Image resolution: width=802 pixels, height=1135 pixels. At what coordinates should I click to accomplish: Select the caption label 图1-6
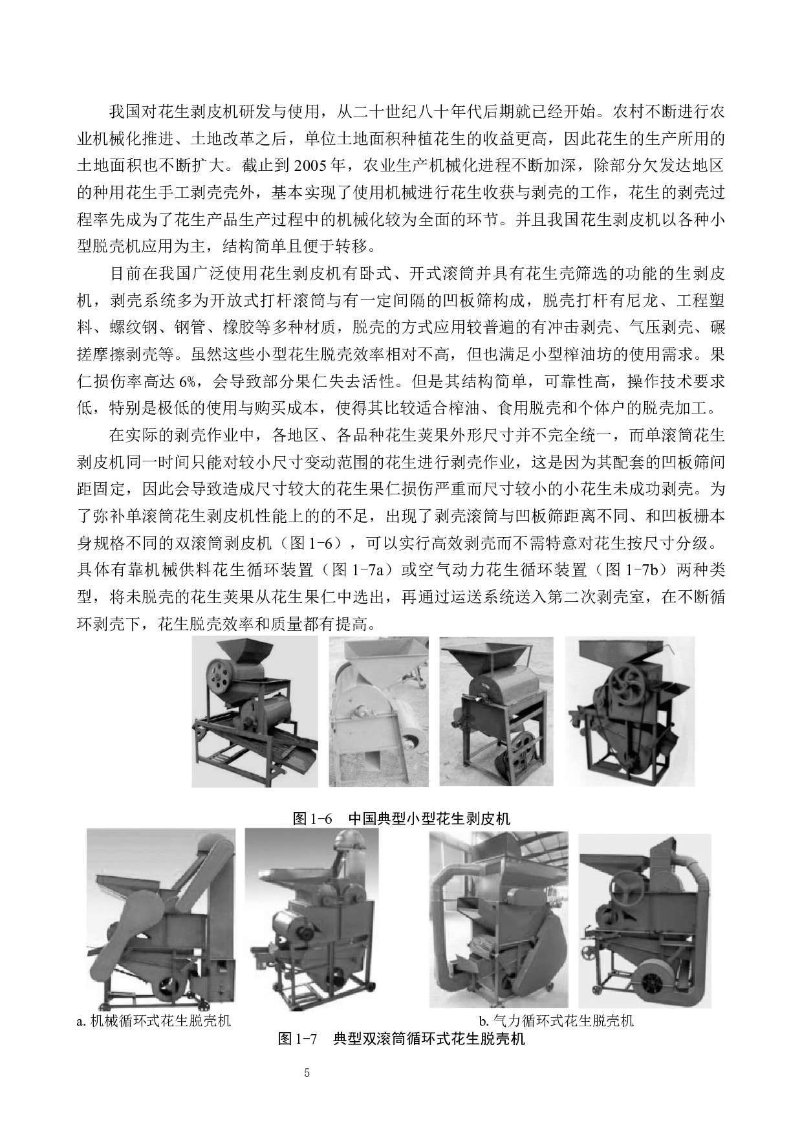pyautogui.click(x=312, y=819)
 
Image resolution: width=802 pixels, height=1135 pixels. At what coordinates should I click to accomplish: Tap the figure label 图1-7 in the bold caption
pyautogui.click(x=297, y=1040)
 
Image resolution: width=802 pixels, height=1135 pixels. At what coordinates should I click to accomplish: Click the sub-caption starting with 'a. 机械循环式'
pyautogui.click(x=154, y=1021)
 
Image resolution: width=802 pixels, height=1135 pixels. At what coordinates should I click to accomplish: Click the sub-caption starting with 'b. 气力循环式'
pyautogui.click(x=556, y=1021)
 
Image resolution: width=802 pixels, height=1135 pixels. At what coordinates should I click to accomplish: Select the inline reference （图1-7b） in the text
pyautogui.click(x=631, y=570)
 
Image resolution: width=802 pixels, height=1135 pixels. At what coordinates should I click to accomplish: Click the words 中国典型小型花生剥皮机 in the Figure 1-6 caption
pyautogui.click(x=429, y=819)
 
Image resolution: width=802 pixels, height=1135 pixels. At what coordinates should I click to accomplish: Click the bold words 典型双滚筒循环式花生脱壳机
pyautogui.click(x=428, y=1040)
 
